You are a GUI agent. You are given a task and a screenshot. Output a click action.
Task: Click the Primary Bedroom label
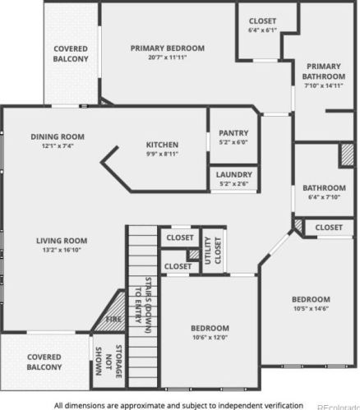click(167, 48)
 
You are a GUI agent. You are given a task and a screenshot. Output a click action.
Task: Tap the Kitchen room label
click(162, 145)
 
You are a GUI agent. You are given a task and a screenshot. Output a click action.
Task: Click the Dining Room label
click(58, 136)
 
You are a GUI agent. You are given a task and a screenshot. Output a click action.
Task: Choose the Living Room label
click(62, 241)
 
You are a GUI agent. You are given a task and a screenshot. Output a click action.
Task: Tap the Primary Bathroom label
click(323, 71)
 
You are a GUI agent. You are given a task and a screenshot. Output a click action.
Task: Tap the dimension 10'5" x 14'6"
click(312, 308)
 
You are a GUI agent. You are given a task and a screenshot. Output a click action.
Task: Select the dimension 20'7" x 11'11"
click(167, 57)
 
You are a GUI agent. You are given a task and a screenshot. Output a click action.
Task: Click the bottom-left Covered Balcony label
click(44, 362)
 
